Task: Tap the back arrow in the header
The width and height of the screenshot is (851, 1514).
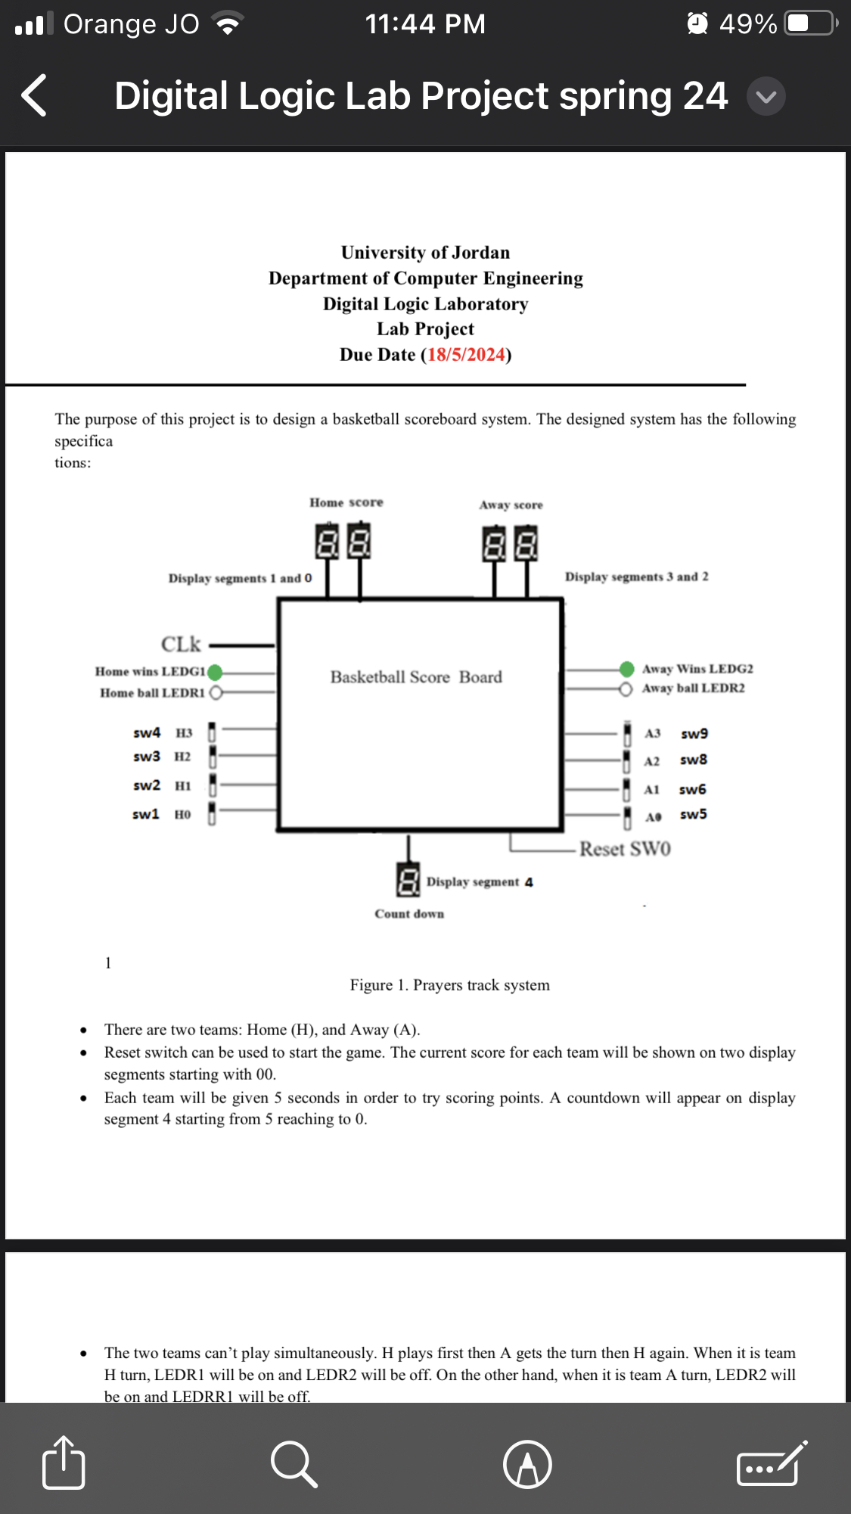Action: (x=34, y=95)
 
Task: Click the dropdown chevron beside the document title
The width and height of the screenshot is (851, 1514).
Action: (x=766, y=97)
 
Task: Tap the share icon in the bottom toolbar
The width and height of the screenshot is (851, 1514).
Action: (x=64, y=1463)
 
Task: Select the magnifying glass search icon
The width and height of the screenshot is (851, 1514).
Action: (x=294, y=1463)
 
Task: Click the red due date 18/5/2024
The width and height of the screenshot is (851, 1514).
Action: (x=466, y=355)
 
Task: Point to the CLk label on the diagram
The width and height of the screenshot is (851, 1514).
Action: (x=181, y=644)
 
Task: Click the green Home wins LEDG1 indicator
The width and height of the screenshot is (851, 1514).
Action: (x=215, y=672)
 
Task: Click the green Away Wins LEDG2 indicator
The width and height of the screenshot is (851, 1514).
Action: (x=626, y=669)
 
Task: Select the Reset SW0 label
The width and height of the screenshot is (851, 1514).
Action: (x=625, y=849)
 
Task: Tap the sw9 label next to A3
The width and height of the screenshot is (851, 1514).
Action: (x=694, y=733)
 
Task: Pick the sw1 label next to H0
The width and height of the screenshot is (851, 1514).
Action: (x=145, y=814)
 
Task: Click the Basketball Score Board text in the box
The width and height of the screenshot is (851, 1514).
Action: (x=416, y=677)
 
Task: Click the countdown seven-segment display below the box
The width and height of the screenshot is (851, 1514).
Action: (x=408, y=880)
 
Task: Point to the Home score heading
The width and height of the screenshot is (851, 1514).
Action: (x=346, y=502)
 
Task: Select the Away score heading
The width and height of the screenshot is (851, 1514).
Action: (x=511, y=505)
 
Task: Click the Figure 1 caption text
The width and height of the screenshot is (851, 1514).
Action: (x=449, y=985)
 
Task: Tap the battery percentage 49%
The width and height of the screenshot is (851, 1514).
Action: (x=747, y=24)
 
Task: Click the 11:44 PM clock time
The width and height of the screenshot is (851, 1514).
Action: (x=425, y=24)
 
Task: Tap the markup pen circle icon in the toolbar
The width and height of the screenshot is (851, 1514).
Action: (x=527, y=1463)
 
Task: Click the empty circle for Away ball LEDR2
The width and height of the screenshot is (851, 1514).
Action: (x=625, y=689)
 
